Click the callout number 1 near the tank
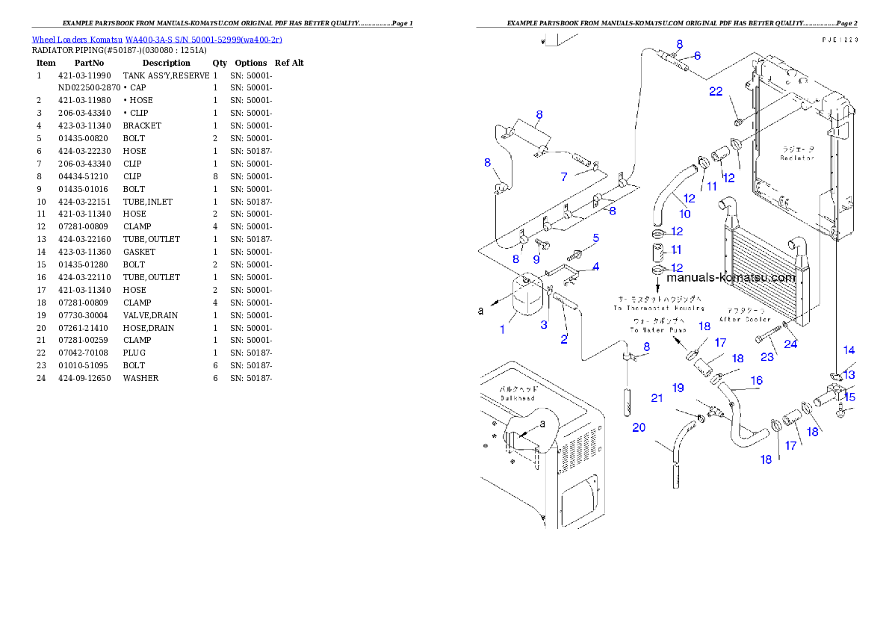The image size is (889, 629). click(502, 329)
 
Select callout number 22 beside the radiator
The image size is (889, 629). click(716, 91)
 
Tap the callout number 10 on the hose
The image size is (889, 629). click(684, 214)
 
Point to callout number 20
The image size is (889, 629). click(639, 427)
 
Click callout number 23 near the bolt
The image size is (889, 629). click(767, 357)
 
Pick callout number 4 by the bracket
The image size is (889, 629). click(595, 266)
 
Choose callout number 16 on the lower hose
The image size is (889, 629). click(756, 380)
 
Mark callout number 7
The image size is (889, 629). click(565, 176)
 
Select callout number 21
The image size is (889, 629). click(657, 398)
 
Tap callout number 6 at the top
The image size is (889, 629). click(696, 55)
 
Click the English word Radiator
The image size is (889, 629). click(796, 158)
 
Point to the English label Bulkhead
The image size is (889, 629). click(517, 398)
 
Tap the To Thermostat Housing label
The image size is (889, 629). click(659, 307)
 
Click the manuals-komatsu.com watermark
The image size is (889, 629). click(730, 277)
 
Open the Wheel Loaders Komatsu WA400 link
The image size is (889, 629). click(157, 39)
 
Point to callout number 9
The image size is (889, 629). click(536, 259)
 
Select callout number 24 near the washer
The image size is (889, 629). click(790, 344)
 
